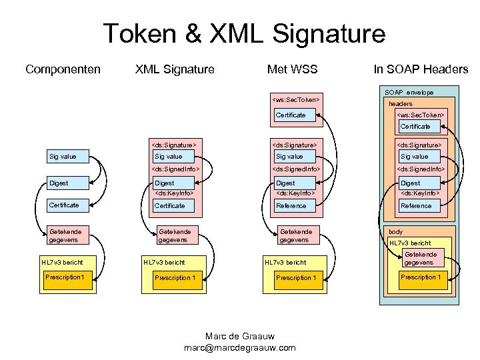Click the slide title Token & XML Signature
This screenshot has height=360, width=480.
244,33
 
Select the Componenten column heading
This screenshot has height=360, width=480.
63,69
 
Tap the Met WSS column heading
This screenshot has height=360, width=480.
292,69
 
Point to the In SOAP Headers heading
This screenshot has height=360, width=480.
421,69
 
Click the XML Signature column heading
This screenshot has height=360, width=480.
175,69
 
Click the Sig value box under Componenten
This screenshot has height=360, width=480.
67,157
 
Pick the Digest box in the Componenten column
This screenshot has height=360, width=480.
67,183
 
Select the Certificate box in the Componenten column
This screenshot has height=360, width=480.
67,205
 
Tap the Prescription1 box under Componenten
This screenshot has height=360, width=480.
67,277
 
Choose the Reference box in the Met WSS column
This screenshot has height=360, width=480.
296,206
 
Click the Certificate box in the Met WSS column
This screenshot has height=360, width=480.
296,115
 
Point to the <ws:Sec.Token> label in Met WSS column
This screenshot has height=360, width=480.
296,101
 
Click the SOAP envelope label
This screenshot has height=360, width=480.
409,92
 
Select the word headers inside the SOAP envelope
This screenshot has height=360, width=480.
401,104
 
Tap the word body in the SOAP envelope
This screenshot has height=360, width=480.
396,232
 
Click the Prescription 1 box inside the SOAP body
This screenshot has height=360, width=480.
420,278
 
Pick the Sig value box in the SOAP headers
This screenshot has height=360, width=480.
421,157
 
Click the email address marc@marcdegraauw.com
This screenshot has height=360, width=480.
239,348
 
